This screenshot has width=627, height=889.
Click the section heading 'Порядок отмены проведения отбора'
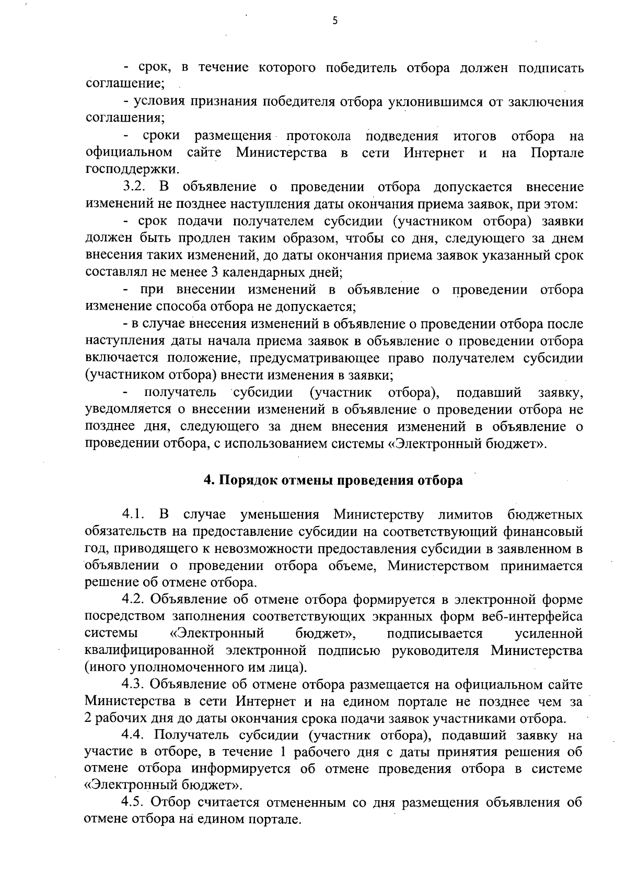tap(333, 480)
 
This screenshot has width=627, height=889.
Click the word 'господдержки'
tap(132, 170)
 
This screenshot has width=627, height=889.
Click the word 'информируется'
tap(240, 769)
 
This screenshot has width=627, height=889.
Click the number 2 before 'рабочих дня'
tap(88, 718)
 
